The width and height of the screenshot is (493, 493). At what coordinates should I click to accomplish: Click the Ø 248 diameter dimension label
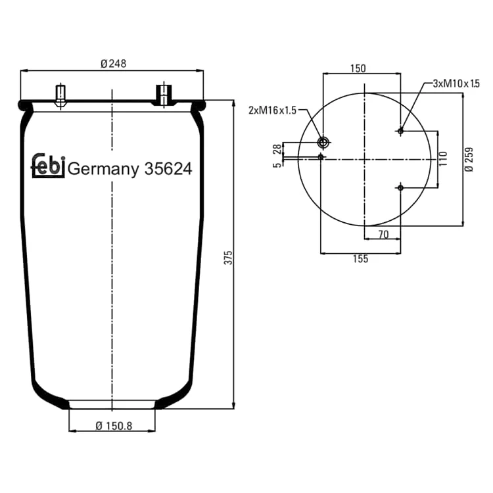tap(114, 64)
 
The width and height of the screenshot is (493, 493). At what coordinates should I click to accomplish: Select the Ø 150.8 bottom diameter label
tap(114, 426)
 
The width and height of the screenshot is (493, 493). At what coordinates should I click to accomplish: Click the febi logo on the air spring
tap(48, 166)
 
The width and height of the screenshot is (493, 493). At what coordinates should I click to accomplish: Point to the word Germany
tap(103, 169)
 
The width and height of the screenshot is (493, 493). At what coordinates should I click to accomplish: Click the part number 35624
tap(168, 169)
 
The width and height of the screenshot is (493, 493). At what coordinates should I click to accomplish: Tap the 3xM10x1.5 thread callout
tap(456, 83)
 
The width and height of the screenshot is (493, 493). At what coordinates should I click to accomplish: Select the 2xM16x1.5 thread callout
tap(272, 110)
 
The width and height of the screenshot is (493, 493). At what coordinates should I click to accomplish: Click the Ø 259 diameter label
tap(469, 160)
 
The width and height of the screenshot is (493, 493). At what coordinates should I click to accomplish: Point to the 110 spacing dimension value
tap(442, 159)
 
